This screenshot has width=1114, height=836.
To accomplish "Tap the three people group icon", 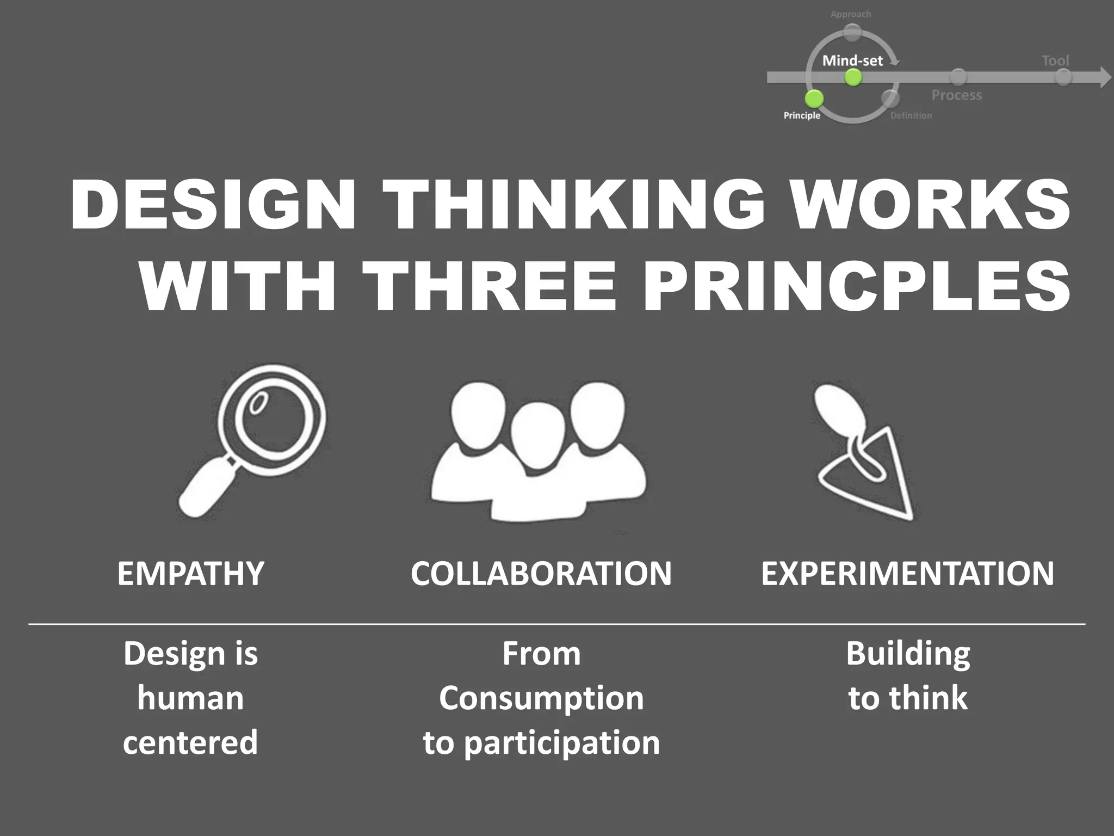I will tap(539, 452).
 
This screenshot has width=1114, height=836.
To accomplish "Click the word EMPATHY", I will tap(190, 574).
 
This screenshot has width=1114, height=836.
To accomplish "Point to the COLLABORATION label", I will tap(541, 574).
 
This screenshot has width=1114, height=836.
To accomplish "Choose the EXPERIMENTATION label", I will tap(907, 574).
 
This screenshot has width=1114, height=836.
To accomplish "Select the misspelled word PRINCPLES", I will tap(857, 286).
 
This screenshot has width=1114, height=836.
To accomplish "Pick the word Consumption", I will tap(541, 698).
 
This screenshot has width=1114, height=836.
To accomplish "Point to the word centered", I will tap(190, 742).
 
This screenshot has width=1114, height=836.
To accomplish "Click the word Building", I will tap(908, 654).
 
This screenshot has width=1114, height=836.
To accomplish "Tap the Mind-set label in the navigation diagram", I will tap(852, 60).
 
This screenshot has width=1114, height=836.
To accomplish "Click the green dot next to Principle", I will tap(814, 99).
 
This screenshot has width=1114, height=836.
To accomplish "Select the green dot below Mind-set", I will tap(853, 78).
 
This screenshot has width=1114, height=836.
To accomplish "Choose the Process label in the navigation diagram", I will tap(957, 95).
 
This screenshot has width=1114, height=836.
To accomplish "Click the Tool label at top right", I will tap(1055, 60).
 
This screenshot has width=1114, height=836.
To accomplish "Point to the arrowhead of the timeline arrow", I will tap(1105, 78).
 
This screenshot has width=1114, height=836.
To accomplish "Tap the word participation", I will tap(562, 743).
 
